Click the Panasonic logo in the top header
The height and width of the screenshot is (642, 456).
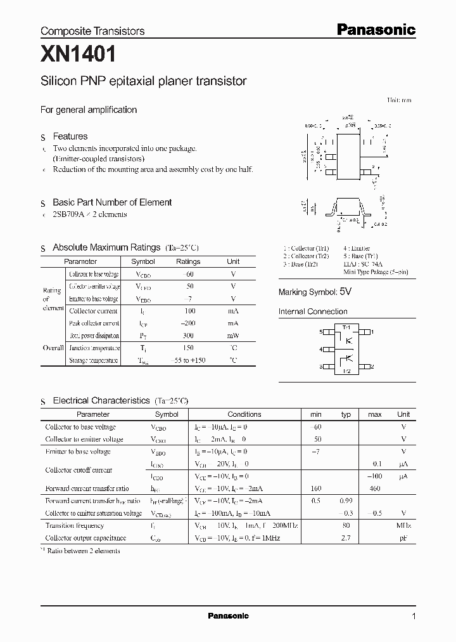375,29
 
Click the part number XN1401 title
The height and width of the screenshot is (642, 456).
78,56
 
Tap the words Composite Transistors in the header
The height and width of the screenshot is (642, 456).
92,31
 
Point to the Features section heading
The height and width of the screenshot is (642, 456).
70,136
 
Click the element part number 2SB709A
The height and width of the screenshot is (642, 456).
68,214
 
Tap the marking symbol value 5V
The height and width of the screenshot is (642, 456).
345,292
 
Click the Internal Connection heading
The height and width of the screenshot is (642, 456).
313,311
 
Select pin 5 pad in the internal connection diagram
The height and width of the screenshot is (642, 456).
327,332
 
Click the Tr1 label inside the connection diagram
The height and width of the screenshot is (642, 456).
346,327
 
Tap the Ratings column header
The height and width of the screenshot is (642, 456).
187,261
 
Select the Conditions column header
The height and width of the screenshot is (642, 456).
244,414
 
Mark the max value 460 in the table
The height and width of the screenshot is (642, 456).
374,488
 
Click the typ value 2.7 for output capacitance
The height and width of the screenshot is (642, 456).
346,538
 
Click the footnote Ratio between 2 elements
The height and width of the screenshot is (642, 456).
83,551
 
